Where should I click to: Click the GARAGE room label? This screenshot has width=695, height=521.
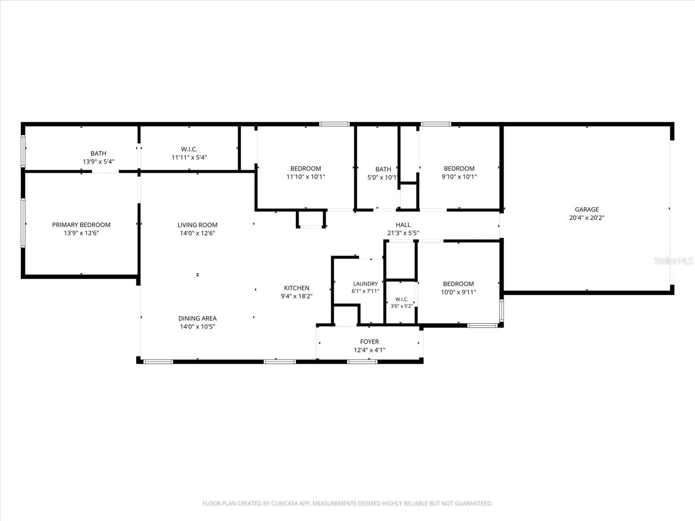point(587,209)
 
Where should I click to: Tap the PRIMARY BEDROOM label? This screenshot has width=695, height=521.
point(81,225)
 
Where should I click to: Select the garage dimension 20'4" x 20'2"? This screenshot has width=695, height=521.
point(587,218)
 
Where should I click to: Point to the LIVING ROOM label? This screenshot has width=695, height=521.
point(197,225)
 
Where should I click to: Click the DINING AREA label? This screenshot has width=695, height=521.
point(197,319)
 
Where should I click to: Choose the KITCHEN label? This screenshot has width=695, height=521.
point(297,288)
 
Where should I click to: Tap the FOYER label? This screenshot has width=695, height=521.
point(370,342)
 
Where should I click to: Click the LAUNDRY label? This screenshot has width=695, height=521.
point(365,284)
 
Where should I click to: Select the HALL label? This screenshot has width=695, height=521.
point(403,225)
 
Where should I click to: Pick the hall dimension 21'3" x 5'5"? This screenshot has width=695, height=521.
point(403,233)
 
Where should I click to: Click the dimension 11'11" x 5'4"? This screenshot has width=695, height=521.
point(189,157)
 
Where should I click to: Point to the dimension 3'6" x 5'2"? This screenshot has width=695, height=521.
point(402,306)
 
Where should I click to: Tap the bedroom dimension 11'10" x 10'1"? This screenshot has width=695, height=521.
point(305,177)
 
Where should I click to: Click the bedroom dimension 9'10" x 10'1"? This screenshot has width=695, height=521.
point(459,177)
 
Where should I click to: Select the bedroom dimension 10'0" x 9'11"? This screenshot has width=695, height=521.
point(458,292)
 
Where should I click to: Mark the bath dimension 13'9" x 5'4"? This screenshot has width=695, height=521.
point(99,162)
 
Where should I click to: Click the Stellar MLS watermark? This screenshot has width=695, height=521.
point(673,260)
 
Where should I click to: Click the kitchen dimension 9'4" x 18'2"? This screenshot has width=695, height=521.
point(297,296)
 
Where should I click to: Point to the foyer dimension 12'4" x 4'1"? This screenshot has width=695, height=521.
point(370,350)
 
